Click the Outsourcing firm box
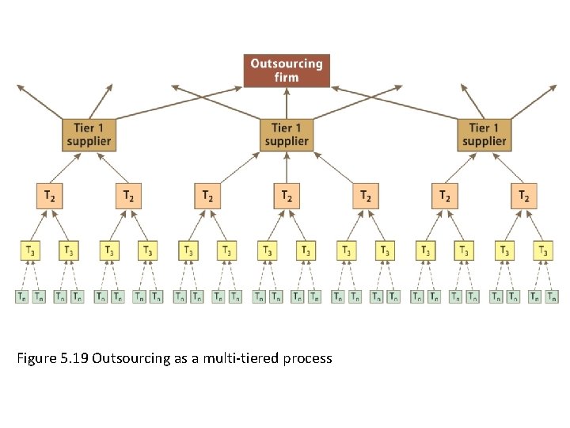pos(287,71)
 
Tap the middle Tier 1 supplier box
pos(287,135)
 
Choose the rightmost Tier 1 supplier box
pos(484,135)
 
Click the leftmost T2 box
pos(49,196)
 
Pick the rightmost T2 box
pos(524,196)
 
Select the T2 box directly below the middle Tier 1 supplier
pos(287,196)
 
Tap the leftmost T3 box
pos(30,250)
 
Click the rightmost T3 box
pos(543,250)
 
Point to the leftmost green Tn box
pos(21,297)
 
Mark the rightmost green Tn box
pos(552,297)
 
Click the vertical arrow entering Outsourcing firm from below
pos(287,103)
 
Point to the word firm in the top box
pos(287,78)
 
